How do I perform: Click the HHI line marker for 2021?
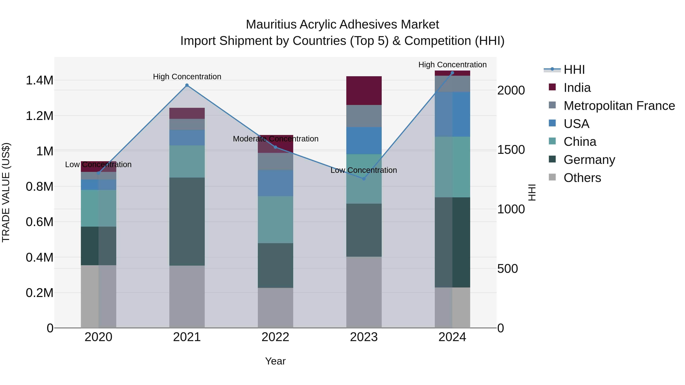pyautogui.click(x=187, y=85)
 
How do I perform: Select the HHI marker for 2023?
pyautogui.click(x=364, y=179)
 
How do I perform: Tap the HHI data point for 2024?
pyautogui.click(x=452, y=73)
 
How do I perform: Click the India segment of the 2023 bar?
pyautogui.click(x=364, y=91)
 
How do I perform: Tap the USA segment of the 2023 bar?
pyautogui.click(x=364, y=141)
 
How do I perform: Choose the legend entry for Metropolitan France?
pyautogui.click(x=619, y=106)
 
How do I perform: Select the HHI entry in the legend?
pyautogui.click(x=574, y=70)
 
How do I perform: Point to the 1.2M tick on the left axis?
pyautogui.click(x=39, y=116)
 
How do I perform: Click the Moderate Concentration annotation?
pyautogui.click(x=276, y=139)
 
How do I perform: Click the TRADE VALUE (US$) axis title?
pyautogui.click(x=6, y=192)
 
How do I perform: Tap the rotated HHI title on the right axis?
pyautogui.click(x=532, y=192)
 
